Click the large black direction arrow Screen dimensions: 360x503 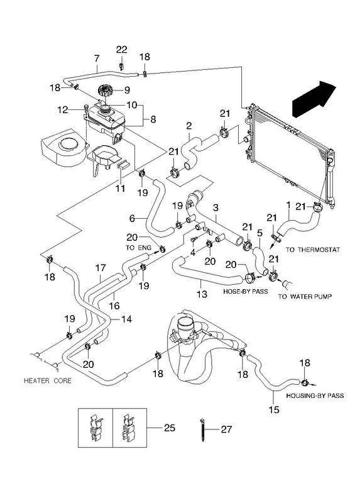coord(314,99)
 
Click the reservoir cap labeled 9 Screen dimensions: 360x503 coord(106,90)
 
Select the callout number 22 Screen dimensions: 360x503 coord(121,50)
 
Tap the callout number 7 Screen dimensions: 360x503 coord(97,58)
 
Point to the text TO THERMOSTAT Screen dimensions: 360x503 coord(312,250)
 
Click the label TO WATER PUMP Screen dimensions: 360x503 coord(305,297)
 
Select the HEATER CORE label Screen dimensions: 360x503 coord(48,381)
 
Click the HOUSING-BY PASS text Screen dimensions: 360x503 coord(315,396)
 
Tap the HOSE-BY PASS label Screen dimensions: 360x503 coord(245,292)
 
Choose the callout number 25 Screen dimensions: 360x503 coord(170,428)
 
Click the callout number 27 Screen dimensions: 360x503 coord(226,429)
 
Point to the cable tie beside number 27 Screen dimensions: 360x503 coord(202,430)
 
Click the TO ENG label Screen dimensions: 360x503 coord(138,248)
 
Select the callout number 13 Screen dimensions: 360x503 coord(202,294)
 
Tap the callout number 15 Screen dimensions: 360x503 coord(275,410)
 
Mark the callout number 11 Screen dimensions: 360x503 coord(120,188)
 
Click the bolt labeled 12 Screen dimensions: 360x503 coord(85,111)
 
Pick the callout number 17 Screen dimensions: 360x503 coord(101,267)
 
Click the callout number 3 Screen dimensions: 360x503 coord(215,207)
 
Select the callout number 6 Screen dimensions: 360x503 coord(132,219)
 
